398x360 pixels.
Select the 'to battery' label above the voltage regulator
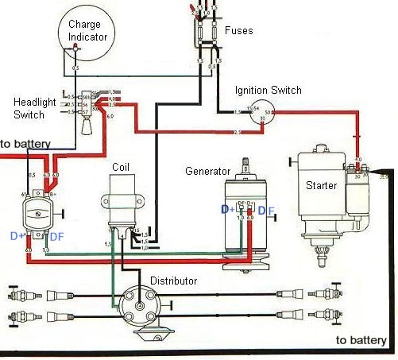pos(25,144)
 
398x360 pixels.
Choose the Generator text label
pos(207,171)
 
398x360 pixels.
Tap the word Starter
pos(321,185)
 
